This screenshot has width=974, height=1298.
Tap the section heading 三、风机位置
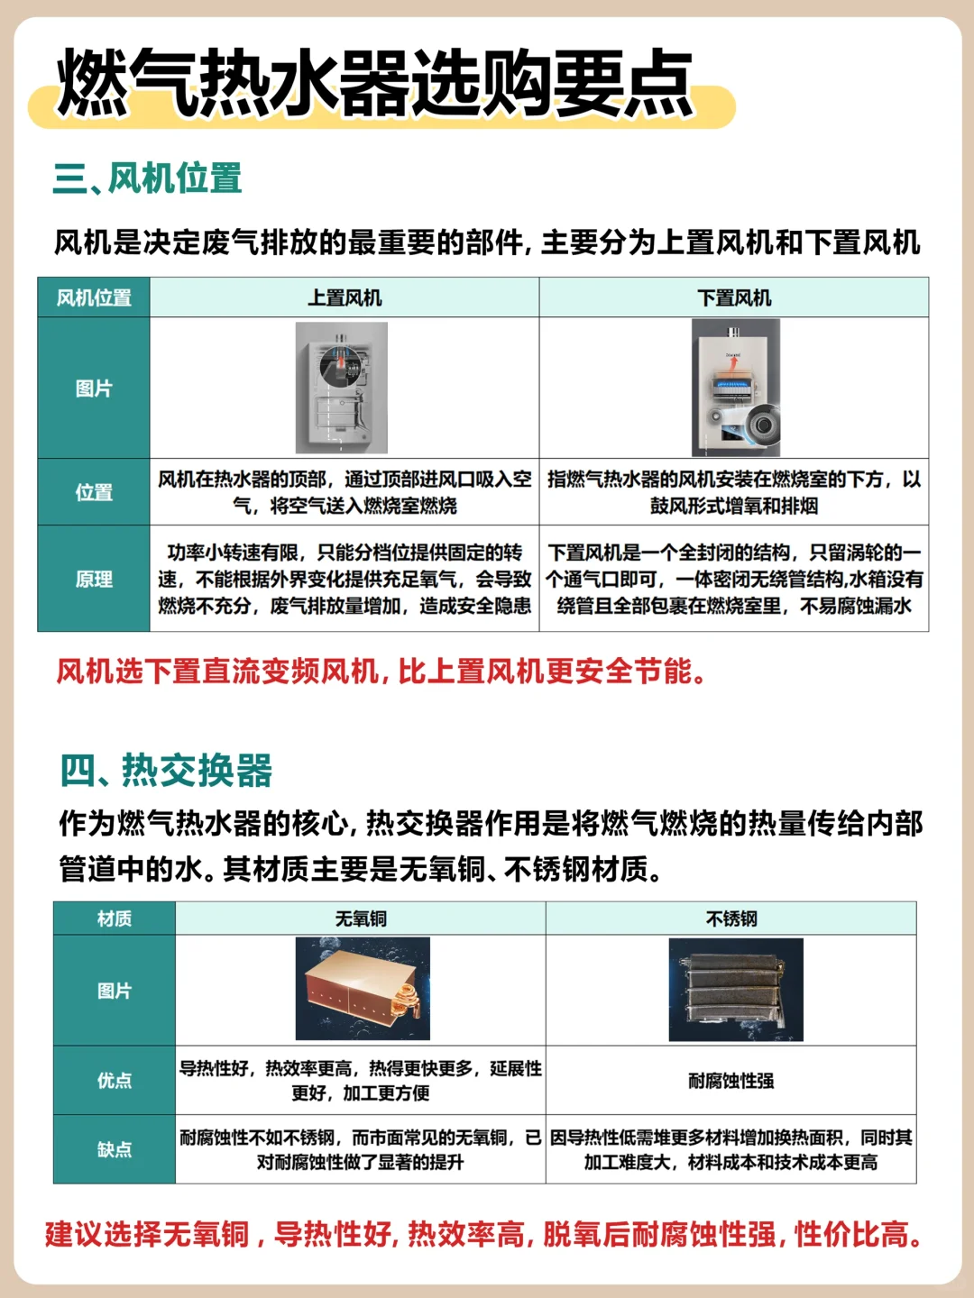147,178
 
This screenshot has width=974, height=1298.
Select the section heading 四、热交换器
166,771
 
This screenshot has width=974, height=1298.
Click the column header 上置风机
345,297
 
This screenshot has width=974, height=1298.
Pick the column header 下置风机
734,297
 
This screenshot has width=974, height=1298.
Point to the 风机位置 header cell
94,297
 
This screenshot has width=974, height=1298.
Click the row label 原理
94,579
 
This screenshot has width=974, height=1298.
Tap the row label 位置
94,492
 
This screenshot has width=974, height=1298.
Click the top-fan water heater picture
342,388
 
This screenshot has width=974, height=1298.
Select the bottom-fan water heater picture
736,388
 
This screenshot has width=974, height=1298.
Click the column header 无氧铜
361,919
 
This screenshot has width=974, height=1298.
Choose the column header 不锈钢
731,919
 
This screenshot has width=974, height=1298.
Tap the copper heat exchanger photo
363,989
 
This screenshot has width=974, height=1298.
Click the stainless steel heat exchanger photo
736,990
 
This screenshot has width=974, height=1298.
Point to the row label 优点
115,1081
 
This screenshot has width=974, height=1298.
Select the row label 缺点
115,1149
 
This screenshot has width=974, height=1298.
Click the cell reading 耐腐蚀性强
731,1081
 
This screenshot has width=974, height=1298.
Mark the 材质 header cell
115,919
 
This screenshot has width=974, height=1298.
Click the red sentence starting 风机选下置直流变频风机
381,672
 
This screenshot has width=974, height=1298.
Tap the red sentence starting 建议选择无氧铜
483,1235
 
